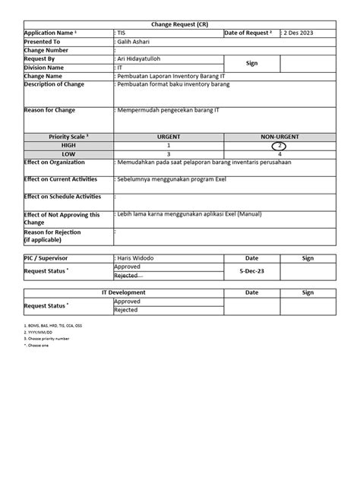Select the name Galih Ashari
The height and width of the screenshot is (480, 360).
coord(136,42)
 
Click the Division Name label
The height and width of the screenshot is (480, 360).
coord(49,67)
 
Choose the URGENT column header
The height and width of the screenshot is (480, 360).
coord(168,136)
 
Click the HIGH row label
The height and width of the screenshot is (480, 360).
coord(68,144)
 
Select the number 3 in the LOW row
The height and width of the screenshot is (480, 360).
coord(168,153)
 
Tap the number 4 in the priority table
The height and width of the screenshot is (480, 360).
coord(279,153)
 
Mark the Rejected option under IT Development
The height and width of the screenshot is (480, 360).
coord(126,310)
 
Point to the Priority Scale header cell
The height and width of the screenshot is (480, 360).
coord(68,136)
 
